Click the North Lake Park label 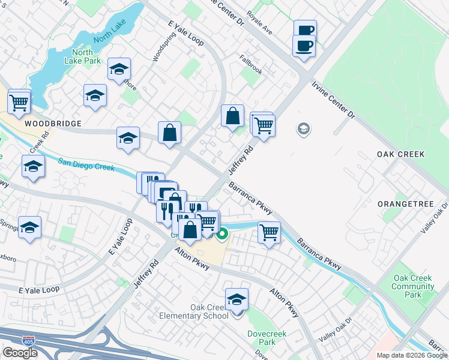[84, 56]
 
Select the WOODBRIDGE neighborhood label [53, 124]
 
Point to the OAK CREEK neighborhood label [400, 154]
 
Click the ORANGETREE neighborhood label [405, 204]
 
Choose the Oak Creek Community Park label [413, 286]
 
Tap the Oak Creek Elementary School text [193, 311]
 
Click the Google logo [20, 353]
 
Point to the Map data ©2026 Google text [411, 355]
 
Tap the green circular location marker [223, 234]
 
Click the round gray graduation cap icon [304, 129]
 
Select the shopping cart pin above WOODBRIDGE [19, 102]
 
